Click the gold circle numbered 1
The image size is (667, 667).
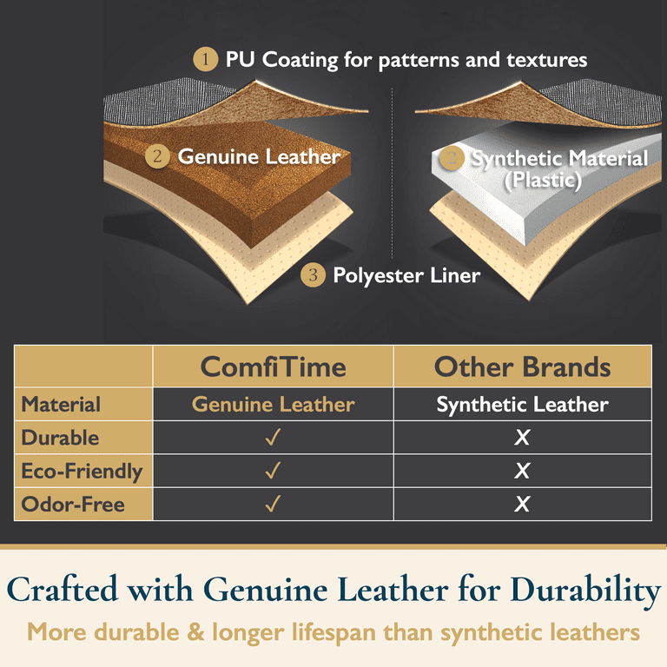point(206,59)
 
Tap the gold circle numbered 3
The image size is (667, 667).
point(313,274)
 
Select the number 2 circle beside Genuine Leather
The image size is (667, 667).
point(157,156)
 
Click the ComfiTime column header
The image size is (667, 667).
point(273,367)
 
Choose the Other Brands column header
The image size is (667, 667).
point(522,367)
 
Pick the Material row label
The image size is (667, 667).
point(61,404)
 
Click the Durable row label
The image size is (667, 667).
point(60,438)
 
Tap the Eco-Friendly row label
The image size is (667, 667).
point(83,472)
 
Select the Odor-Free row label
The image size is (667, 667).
point(73,505)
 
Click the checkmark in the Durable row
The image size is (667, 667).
point(273,437)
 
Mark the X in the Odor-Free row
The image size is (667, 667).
point(522,504)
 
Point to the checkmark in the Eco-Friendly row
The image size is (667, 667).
point(273,471)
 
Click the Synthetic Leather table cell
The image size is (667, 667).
point(522,404)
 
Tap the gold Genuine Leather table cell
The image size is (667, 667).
point(273,404)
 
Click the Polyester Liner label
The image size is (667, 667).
point(406,275)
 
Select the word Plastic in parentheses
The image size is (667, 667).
point(543,181)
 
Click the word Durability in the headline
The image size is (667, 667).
point(585,591)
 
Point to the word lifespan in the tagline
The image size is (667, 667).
point(333,632)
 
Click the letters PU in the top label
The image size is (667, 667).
point(240,59)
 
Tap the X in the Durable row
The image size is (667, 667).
point(522,438)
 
